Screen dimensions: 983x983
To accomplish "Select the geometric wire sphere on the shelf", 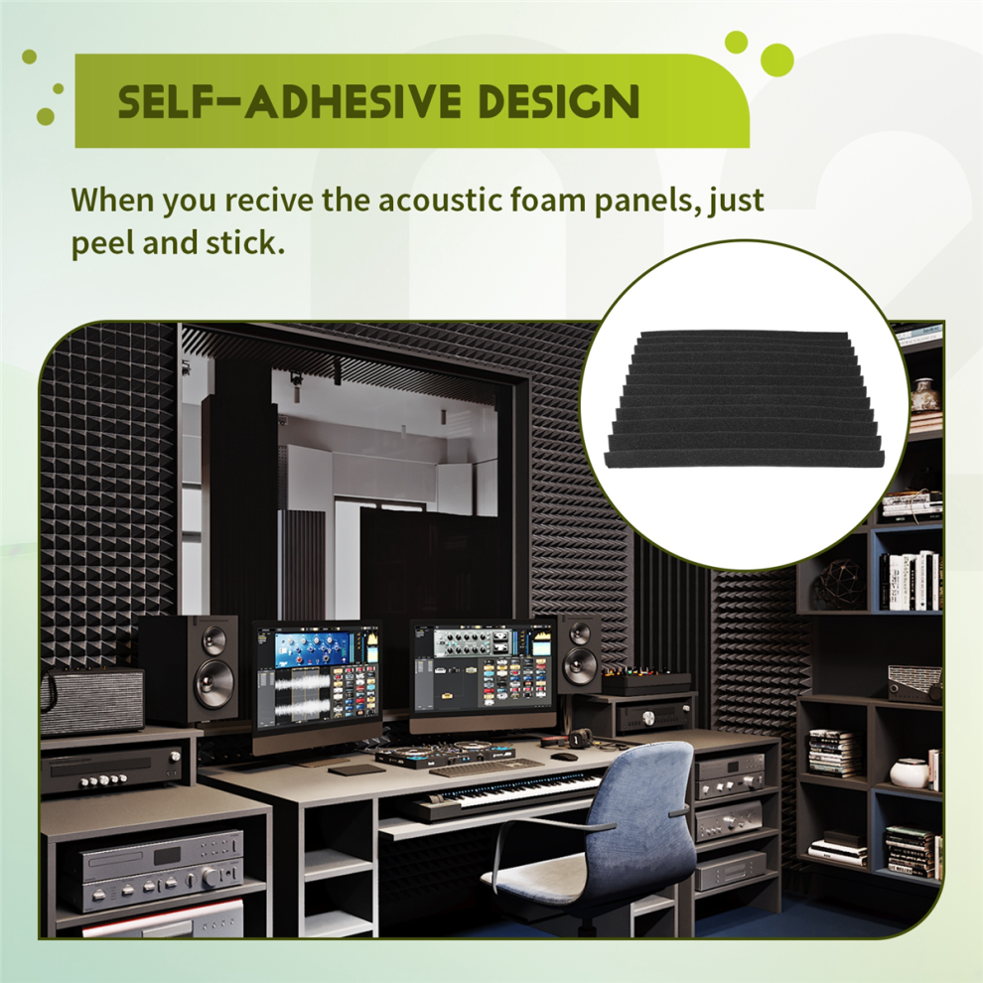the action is (840, 584).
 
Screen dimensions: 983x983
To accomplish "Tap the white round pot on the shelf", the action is (909, 772).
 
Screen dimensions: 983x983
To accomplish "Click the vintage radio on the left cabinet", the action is (92, 699).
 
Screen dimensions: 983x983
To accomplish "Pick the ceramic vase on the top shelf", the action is (924, 393).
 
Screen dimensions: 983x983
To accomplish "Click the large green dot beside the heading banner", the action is (776, 61).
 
